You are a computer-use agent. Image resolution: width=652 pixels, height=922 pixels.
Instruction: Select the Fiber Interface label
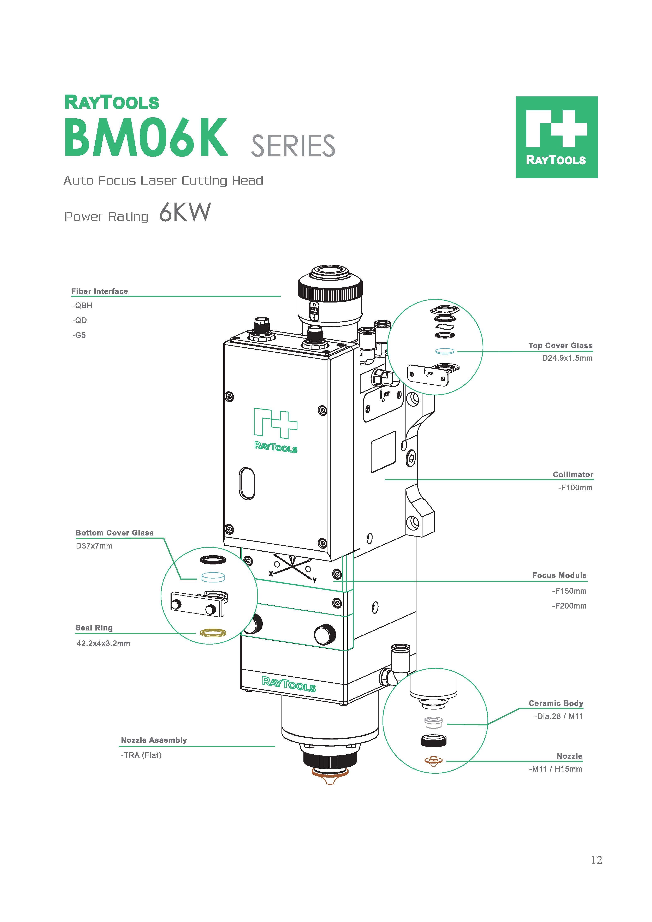click(100, 291)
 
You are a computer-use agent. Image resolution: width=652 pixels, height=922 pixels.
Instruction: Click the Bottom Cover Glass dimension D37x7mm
click(94, 546)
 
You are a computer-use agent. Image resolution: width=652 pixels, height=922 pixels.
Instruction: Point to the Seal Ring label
click(94, 628)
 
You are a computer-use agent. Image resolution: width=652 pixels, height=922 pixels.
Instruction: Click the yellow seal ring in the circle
click(213, 633)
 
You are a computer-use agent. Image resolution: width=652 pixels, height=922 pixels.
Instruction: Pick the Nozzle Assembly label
click(154, 740)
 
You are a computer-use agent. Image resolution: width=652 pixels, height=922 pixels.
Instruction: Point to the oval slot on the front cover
click(247, 484)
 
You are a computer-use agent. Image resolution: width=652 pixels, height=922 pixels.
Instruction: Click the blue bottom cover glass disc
click(213, 577)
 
